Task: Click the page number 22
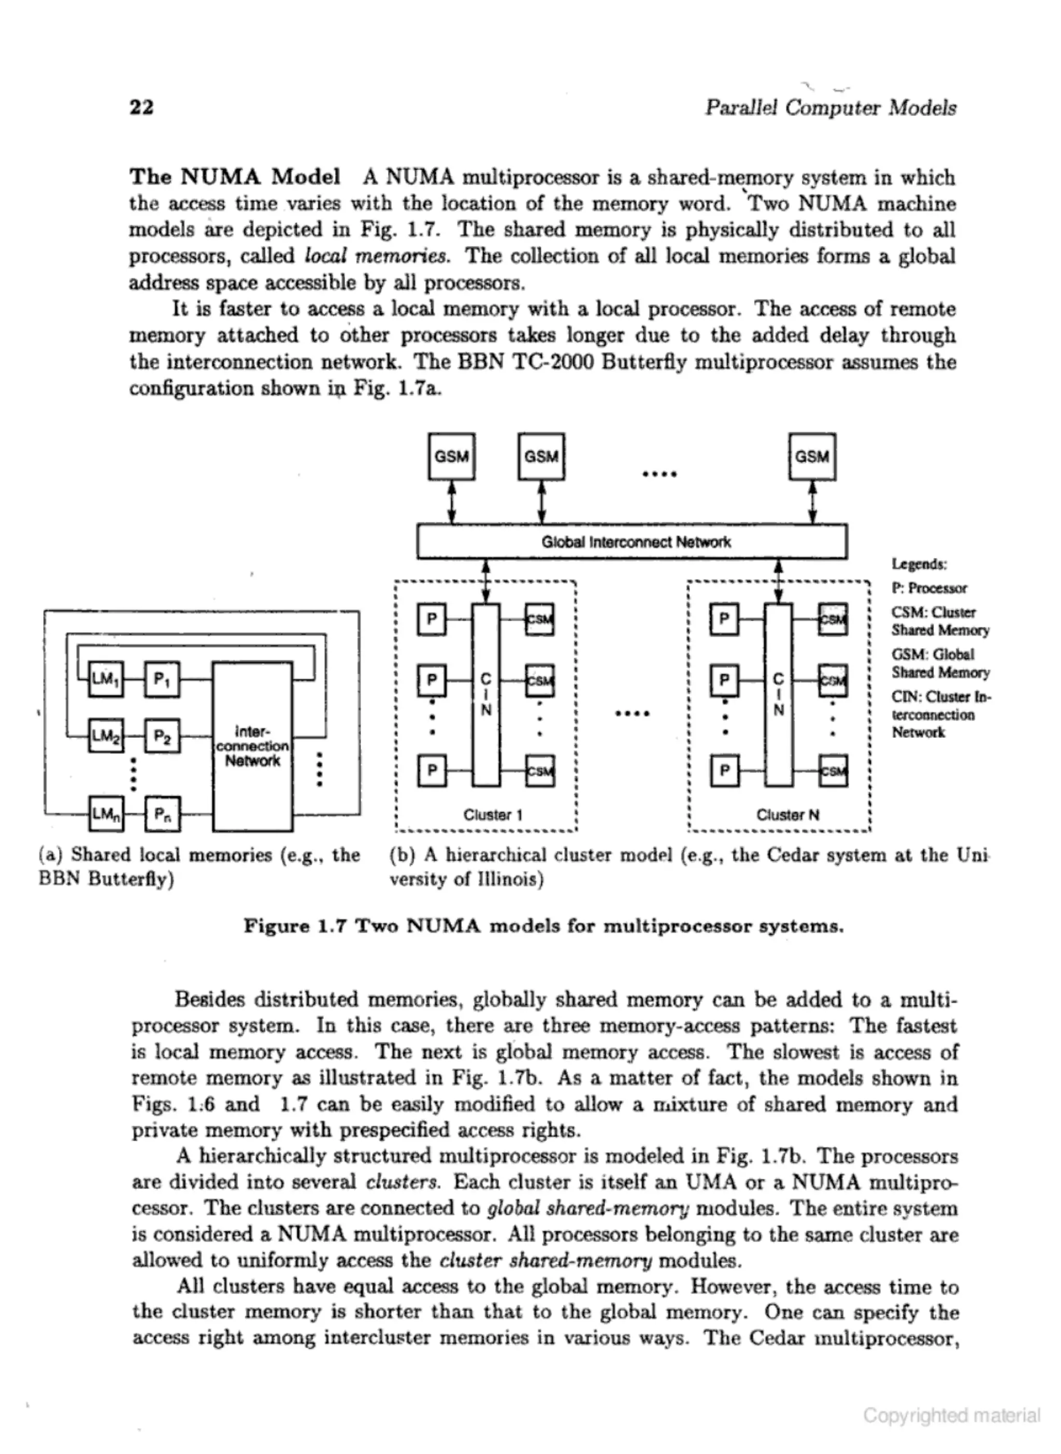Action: pos(141,107)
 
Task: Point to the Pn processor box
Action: pos(163,815)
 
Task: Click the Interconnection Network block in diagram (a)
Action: pos(252,746)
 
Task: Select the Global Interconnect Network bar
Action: pos(632,542)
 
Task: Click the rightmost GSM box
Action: pos(812,457)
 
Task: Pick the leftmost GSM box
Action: pos(452,457)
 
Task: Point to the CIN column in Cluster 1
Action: pos(486,694)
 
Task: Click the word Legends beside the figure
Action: pos(919,564)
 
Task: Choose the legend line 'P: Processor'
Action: pos(929,588)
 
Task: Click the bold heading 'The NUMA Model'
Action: pos(234,176)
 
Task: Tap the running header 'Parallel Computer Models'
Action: pos(830,107)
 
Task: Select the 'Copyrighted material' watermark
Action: pos(951,1415)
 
